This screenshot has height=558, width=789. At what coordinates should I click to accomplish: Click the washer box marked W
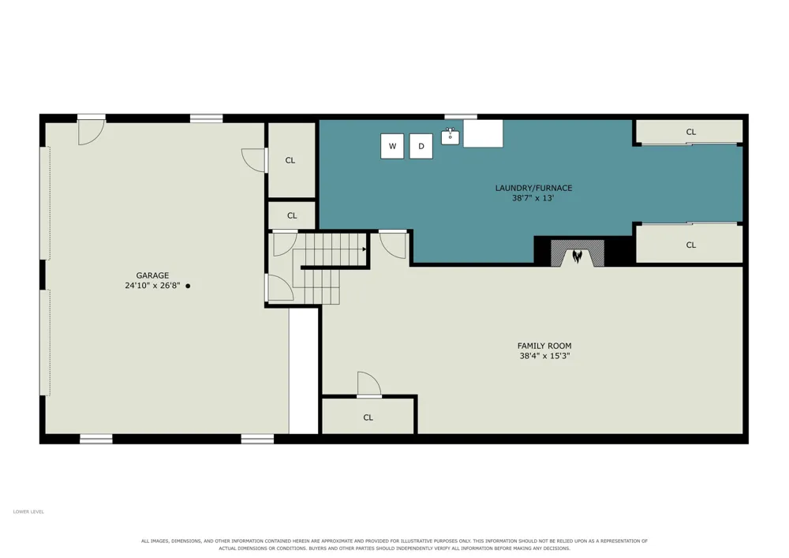point(392,147)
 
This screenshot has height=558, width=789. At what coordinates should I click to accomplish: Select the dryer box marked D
point(421,147)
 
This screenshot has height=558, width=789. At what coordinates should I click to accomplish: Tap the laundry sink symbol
point(451,136)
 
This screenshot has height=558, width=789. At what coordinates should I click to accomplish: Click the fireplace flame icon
point(578,257)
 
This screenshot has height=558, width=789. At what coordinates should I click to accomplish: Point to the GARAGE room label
point(152,275)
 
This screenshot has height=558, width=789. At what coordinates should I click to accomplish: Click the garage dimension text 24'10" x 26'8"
point(152,286)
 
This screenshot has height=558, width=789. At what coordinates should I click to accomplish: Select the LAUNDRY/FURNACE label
point(533,188)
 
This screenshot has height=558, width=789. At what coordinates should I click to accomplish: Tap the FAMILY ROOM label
point(544,346)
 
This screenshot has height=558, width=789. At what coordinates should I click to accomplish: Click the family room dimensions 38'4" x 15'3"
point(544,356)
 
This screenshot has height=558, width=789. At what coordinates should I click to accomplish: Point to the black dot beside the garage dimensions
point(189,286)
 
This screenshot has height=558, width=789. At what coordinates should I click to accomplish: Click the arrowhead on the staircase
point(364,249)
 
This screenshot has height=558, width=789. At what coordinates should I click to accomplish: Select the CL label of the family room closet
point(368,418)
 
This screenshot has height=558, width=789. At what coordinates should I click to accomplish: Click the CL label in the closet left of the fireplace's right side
point(691,245)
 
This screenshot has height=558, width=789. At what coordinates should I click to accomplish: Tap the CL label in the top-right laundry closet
point(691,132)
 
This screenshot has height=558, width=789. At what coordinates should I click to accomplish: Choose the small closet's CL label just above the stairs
point(292,215)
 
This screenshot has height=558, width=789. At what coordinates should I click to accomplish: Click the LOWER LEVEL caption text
point(28,511)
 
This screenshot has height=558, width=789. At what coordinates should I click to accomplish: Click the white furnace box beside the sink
point(483,133)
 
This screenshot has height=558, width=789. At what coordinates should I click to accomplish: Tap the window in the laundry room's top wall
point(461,118)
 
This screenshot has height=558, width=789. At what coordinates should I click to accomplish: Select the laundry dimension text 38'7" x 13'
point(533,198)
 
